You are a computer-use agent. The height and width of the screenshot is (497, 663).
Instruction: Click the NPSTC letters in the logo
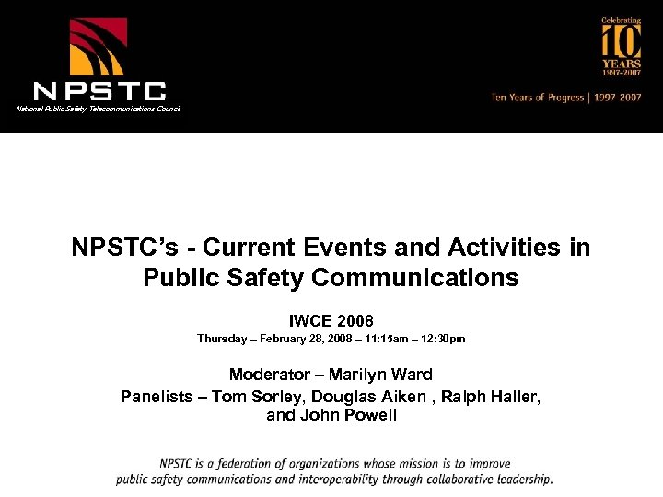pos(99,90)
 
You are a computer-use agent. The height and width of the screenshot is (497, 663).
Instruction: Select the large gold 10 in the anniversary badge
pos(621,42)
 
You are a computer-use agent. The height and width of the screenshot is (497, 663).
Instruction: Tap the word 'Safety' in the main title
pos(246,277)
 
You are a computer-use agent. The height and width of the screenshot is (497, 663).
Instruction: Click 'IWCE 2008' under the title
pos(331,321)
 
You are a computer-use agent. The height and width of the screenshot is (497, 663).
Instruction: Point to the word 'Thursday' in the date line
pos(221,339)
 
